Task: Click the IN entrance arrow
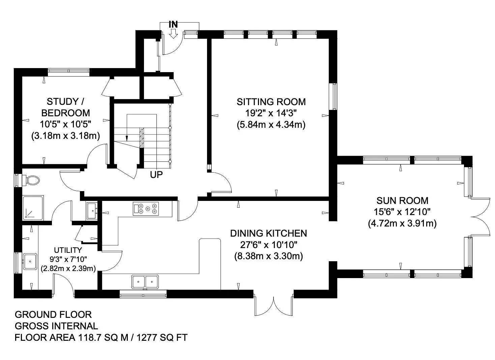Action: click(173, 34)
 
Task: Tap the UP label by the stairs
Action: click(156, 175)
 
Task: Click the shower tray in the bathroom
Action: click(33, 208)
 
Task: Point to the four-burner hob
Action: click(146, 209)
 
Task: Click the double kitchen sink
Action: click(145, 281)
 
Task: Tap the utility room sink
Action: click(30, 262)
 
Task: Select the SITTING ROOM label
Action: click(271, 102)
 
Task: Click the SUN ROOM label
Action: click(402, 201)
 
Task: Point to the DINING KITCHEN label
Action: click(268, 233)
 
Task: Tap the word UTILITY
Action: click(68, 250)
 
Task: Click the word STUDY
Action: click(62, 101)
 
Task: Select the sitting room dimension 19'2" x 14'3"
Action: click(271, 113)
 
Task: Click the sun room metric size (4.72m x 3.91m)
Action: click(402, 223)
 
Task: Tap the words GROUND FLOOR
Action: click(53, 314)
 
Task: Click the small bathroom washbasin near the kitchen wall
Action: click(92, 210)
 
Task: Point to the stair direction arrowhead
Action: click(127, 139)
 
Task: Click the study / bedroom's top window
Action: click(69, 71)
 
